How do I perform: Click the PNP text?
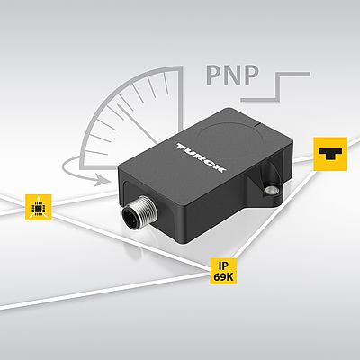pyautogui.click(x=232, y=75)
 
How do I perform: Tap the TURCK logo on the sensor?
pyautogui.click(x=202, y=158)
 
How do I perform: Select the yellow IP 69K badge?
pyautogui.click(x=223, y=271)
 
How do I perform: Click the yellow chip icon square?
pyautogui.click(x=39, y=207)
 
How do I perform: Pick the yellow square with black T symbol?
pyautogui.click(x=330, y=154)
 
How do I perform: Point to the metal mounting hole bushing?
pyautogui.click(x=271, y=190)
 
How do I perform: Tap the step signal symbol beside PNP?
pyautogui.click(x=275, y=86)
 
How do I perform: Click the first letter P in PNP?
pyautogui.click(x=213, y=76)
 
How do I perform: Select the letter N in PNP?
pyautogui.click(x=232, y=76)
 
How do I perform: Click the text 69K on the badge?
pyautogui.click(x=223, y=277)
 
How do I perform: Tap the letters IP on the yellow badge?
pyautogui.click(x=223, y=265)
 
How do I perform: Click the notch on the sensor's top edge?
pyautogui.click(x=256, y=122)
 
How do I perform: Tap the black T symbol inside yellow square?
pyautogui.click(x=330, y=154)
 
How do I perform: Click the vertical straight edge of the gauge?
pyautogui.click(x=181, y=99)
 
